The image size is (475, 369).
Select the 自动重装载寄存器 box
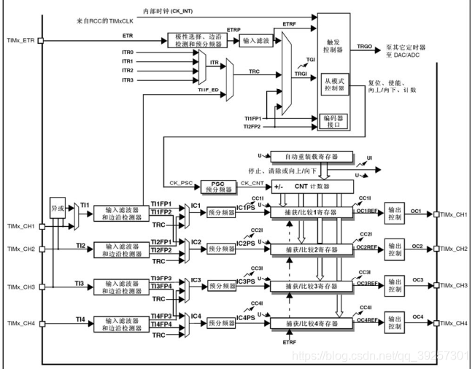click(312, 156)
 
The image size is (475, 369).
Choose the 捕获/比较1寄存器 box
click(312, 213)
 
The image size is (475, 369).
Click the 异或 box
click(58, 208)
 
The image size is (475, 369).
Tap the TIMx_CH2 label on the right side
click(455, 249)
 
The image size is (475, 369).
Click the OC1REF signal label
click(366, 211)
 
